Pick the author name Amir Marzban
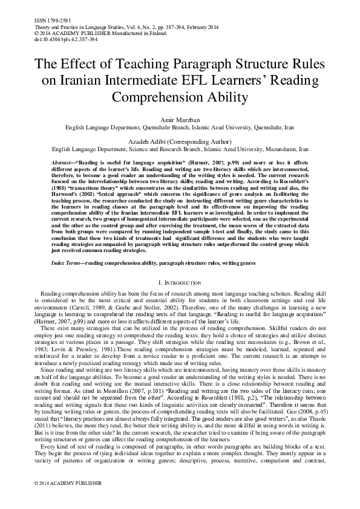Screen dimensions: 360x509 pos(180,121)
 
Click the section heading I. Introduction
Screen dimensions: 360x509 pos(180,282)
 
